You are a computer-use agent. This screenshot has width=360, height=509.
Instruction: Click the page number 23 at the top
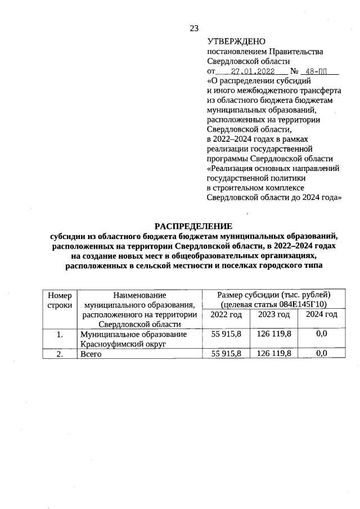194,29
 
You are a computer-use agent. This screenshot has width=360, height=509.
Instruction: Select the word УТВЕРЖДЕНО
232,41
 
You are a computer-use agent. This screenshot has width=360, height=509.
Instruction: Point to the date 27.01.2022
253,71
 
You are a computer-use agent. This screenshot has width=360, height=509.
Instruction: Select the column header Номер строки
60,300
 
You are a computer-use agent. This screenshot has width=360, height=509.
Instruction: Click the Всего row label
91,354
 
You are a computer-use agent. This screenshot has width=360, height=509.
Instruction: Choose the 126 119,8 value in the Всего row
274,354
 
